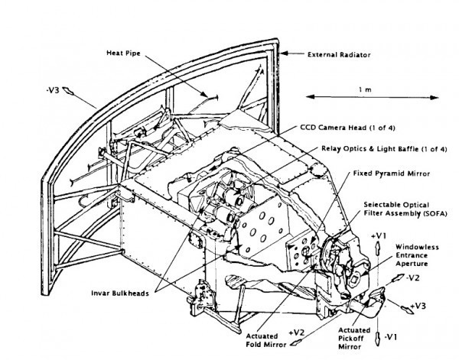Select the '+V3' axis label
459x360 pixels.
click(418, 306)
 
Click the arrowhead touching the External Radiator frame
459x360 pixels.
click(283, 55)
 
